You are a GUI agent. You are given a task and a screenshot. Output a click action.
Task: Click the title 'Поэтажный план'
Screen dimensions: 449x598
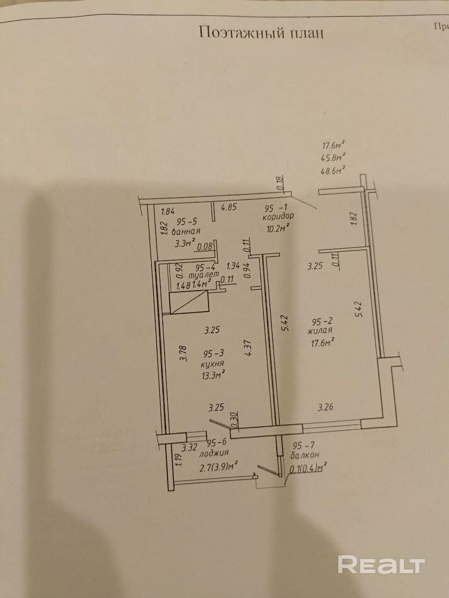click(261, 33)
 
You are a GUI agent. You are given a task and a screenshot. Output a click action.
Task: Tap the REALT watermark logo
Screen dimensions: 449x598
click(381, 565)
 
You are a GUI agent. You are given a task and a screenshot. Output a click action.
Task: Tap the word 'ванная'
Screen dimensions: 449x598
click(186, 232)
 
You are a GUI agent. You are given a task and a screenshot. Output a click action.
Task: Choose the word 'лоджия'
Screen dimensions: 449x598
click(213, 453)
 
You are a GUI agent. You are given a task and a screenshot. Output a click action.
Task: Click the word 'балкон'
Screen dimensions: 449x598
click(304, 456)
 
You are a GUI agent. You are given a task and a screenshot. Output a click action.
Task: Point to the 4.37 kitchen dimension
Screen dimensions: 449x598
click(248, 348)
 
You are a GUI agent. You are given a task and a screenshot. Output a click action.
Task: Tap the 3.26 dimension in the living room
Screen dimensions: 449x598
click(326, 407)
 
